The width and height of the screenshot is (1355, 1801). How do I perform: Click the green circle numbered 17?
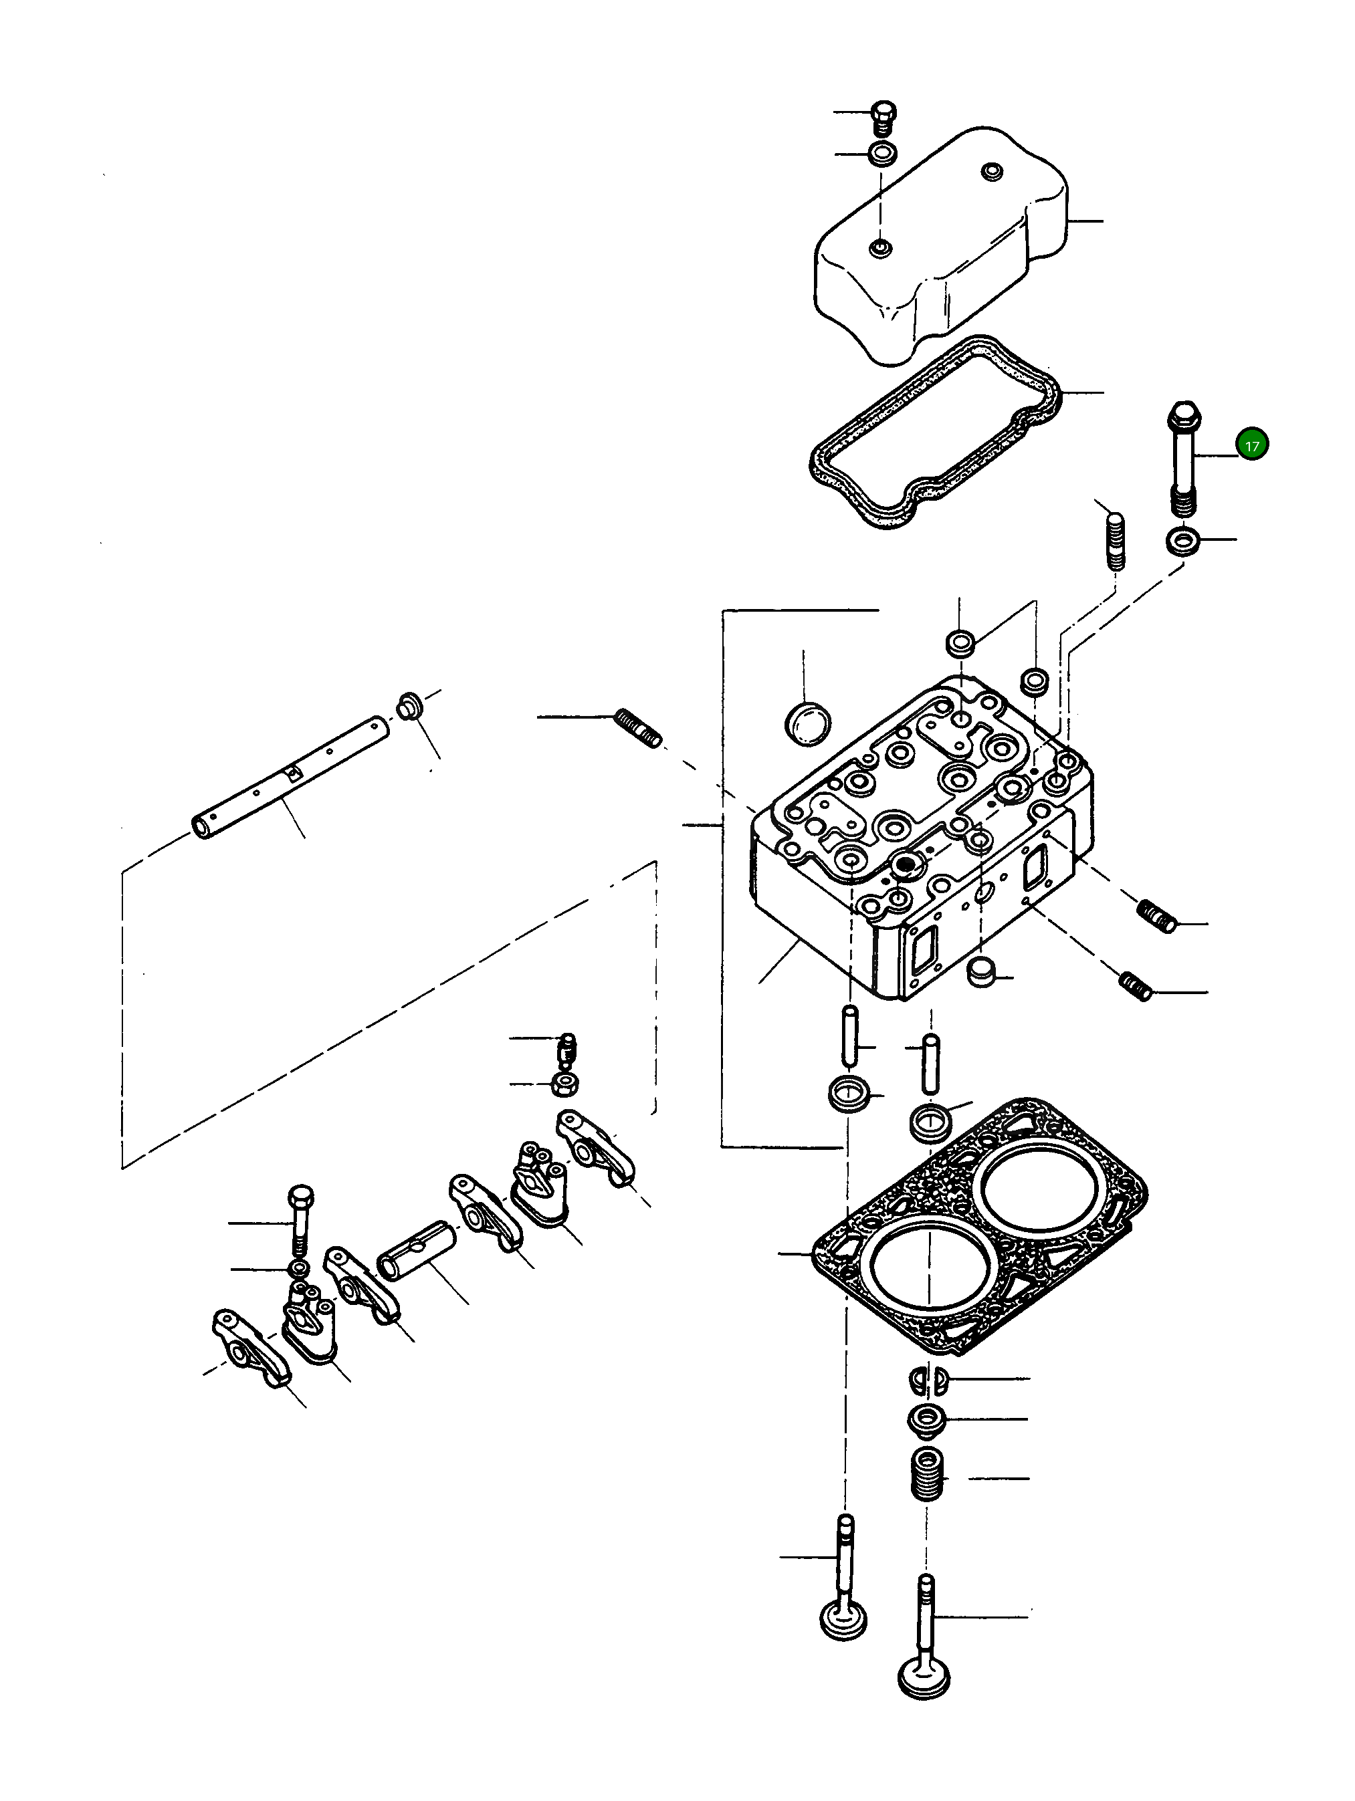click(1251, 445)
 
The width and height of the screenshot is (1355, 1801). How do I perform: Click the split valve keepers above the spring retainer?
click(927, 1378)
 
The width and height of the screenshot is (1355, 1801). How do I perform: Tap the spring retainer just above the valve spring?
click(927, 1419)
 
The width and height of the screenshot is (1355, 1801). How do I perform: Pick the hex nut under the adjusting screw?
click(564, 1084)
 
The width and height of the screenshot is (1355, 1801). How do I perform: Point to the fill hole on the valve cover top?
click(992, 172)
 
